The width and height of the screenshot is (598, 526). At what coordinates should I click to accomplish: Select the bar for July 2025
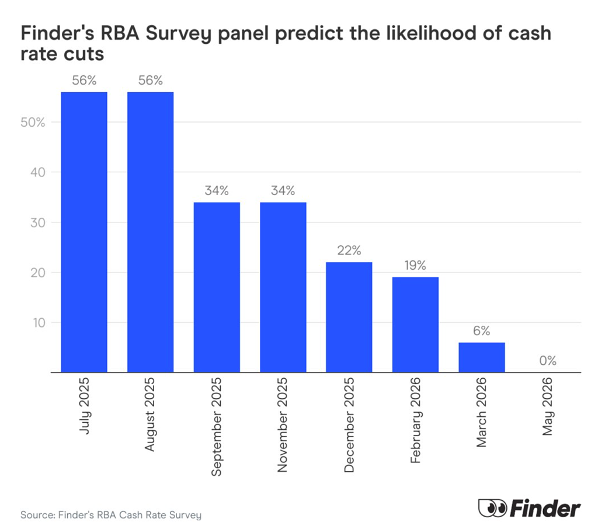(x=84, y=232)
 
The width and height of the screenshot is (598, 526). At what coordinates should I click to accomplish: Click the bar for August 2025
(x=150, y=232)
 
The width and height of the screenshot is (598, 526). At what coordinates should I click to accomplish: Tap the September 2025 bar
(x=217, y=287)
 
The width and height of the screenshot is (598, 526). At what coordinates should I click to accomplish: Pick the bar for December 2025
(x=349, y=317)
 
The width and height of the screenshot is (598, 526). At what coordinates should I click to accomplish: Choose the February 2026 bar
(x=415, y=325)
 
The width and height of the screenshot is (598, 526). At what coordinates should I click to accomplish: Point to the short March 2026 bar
(x=482, y=357)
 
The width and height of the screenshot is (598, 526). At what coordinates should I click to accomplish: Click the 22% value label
(x=349, y=250)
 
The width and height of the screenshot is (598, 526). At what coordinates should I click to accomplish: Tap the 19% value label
(x=415, y=265)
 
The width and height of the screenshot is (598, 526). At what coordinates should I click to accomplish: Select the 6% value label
(x=482, y=330)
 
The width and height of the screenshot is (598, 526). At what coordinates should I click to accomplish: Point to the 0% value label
(x=548, y=361)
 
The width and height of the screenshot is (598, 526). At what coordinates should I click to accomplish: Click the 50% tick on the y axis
(x=33, y=123)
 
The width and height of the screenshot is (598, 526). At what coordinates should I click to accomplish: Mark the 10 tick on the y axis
(x=39, y=323)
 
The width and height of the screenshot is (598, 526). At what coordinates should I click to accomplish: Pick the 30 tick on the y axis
(x=38, y=222)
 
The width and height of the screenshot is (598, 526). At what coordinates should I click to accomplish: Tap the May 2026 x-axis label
(x=547, y=406)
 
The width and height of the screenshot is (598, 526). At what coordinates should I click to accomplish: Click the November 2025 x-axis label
(x=282, y=425)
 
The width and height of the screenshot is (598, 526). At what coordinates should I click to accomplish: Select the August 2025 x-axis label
(x=149, y=414)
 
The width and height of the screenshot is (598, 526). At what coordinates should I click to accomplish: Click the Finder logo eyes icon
(x=492, y=508)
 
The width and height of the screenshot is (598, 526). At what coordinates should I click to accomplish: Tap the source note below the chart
(x=110, y=515)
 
